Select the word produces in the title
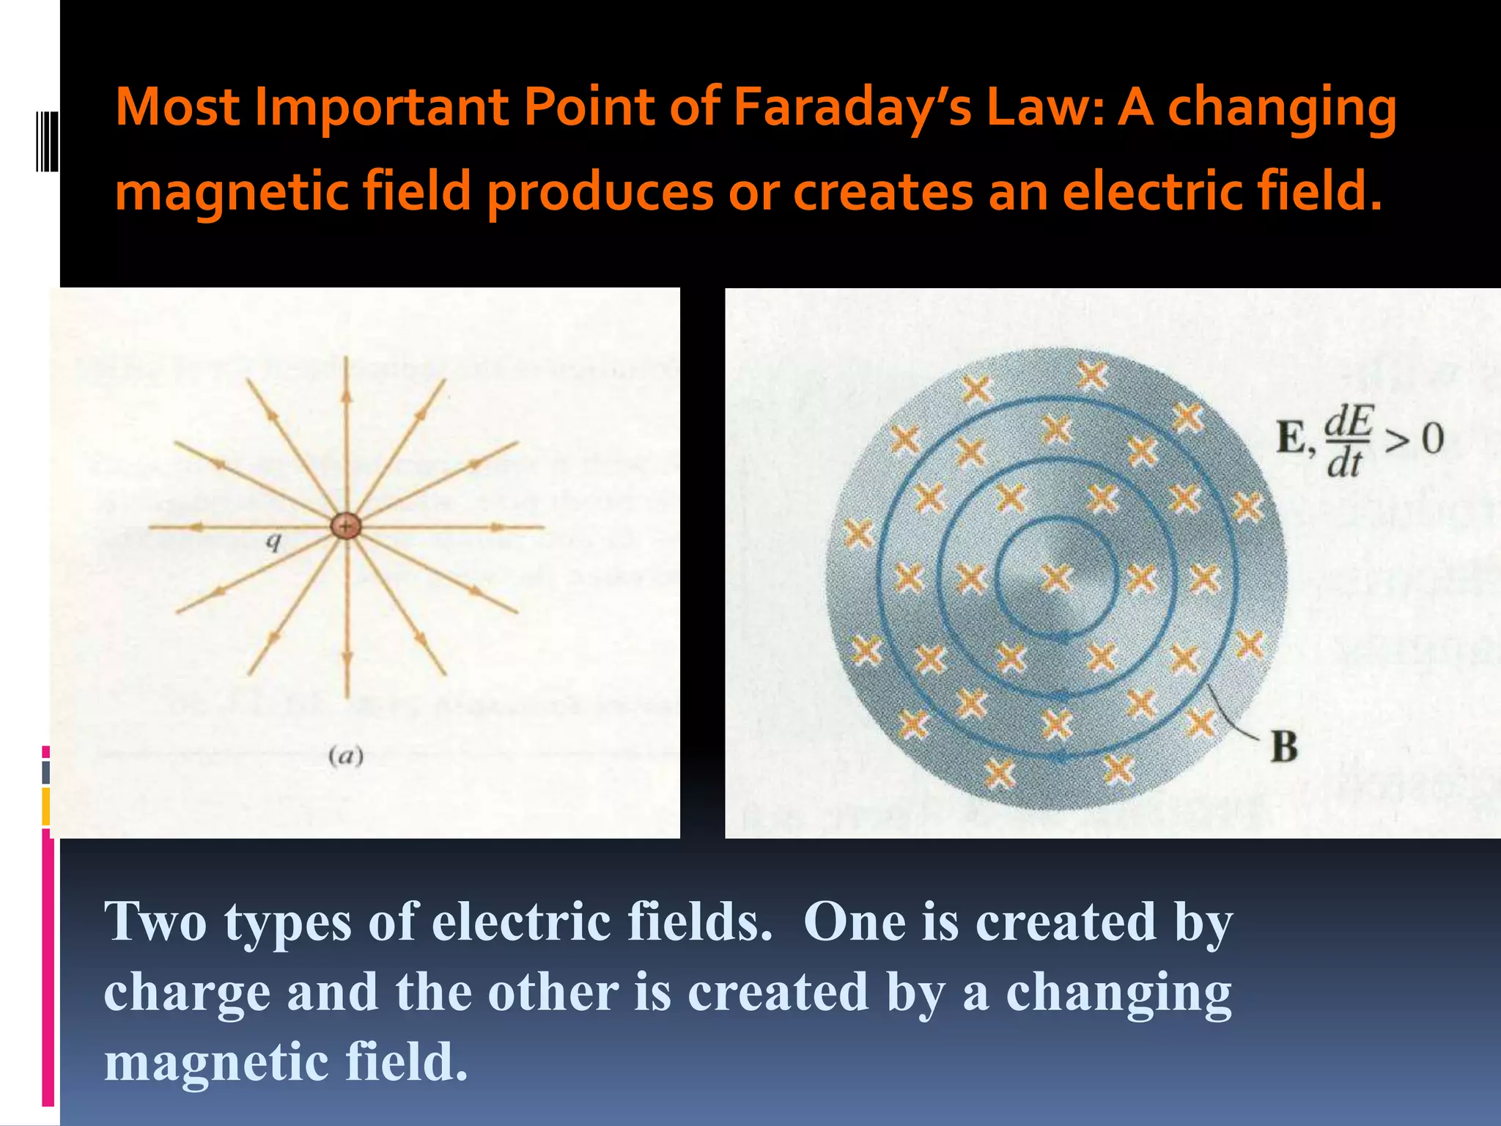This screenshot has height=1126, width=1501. click(600, 192)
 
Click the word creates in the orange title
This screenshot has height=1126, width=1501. click(883, 191)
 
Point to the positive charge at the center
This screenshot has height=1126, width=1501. click(345, 526)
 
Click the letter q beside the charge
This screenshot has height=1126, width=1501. click(273, 542)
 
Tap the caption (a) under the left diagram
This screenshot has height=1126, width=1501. click(346, 756)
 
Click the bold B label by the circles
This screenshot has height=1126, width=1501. click(1284, 747)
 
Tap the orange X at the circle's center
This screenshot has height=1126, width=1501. click(1056, 578)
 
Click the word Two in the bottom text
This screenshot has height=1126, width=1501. click(155, 921)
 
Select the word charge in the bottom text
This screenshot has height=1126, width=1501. click(187, 993)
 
